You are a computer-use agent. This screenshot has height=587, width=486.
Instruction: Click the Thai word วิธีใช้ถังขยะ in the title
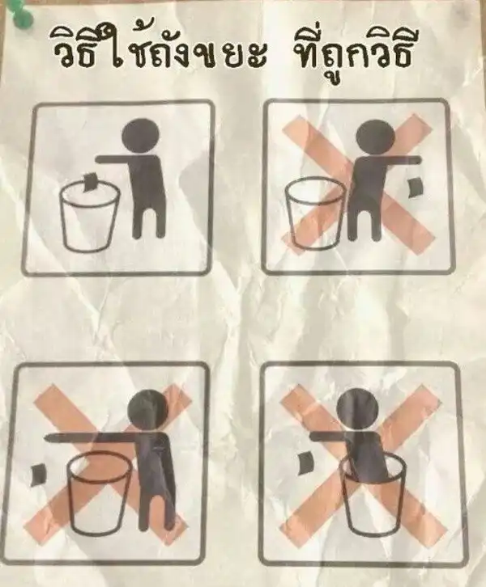click(157, 52)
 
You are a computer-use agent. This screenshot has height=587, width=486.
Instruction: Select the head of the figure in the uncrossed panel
click(142, 137)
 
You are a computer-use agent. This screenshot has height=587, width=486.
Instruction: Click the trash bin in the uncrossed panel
click(90, 215)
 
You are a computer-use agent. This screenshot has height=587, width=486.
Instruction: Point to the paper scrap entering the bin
click(90, 182)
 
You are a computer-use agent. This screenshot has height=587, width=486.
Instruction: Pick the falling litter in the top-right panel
click(415, 188)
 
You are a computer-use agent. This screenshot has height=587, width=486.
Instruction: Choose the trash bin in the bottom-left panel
click(100, 493)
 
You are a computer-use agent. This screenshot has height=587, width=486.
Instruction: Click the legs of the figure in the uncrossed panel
click(149, 221)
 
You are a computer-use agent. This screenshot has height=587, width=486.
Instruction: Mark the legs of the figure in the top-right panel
click(363, 223)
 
